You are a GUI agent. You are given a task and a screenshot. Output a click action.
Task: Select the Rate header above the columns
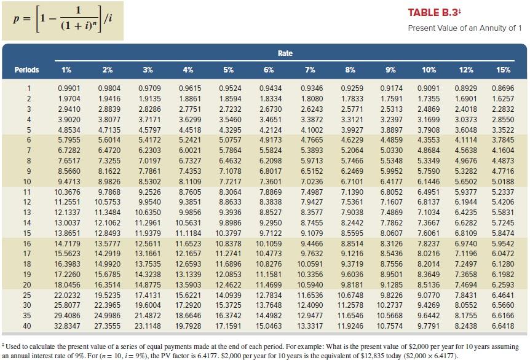point(285,53)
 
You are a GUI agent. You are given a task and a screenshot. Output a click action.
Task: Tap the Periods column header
point(27,70)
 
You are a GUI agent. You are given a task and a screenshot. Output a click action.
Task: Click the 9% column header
point(391,70)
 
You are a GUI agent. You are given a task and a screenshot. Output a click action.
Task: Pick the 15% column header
point(503,70)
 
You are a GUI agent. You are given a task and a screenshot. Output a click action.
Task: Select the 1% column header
point(66,70)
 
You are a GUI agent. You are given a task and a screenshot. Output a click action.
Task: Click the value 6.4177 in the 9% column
point(392,182)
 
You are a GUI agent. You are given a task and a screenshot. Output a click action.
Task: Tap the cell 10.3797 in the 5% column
point(228,233)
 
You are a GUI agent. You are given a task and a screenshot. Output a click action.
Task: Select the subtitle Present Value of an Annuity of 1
point(465,28)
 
